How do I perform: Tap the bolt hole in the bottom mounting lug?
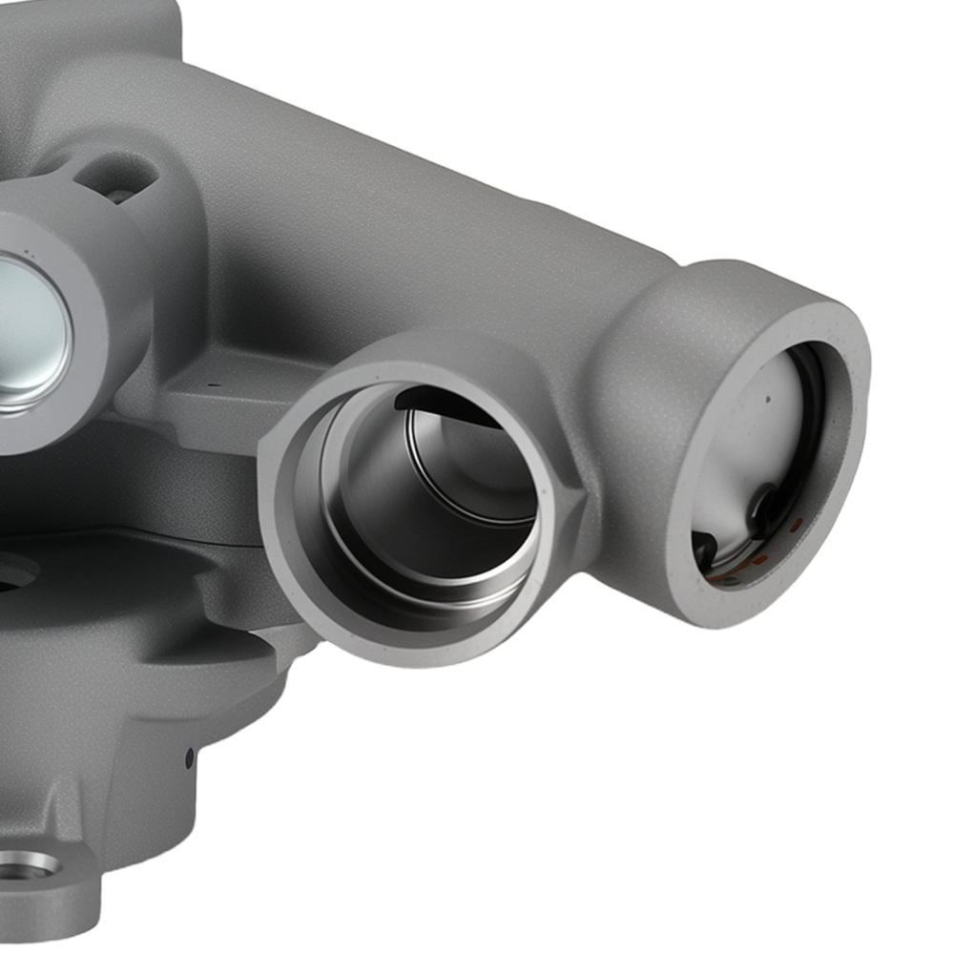[27, 865]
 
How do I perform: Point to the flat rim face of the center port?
[286, 534]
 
